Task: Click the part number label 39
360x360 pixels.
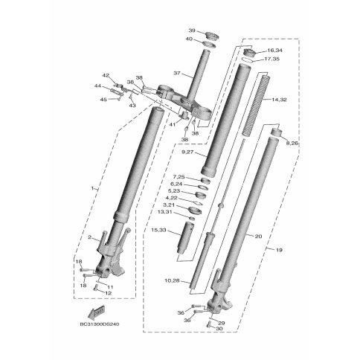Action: (192, 30)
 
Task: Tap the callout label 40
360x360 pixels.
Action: (189, 39)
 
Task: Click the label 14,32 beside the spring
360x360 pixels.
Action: (279, 100)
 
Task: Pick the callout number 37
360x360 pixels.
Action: (177, 74)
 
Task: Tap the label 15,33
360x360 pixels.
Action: (159, 231)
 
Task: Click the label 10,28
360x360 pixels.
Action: (172, 281)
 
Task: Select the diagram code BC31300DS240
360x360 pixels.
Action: (100, 324)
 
